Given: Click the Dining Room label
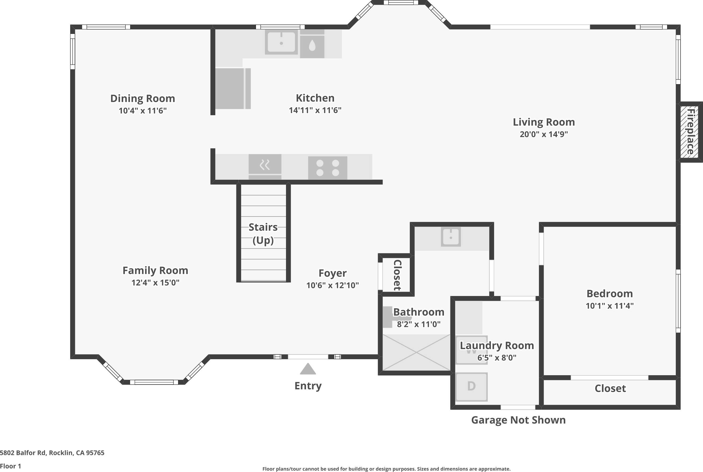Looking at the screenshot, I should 142,98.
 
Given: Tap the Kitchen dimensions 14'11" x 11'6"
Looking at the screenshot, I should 315,110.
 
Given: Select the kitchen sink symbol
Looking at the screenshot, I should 281,42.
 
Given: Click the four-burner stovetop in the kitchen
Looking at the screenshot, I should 328,168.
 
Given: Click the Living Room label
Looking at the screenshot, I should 544,122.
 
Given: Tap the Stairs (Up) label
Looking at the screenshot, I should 263,233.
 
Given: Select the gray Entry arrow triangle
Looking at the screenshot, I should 308,369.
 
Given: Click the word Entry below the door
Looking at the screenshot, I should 308,386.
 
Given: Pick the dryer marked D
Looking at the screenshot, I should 471,386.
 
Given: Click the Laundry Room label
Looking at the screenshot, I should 497,345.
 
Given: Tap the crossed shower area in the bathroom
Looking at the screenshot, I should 416,353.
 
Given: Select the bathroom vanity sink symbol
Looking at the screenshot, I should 451,237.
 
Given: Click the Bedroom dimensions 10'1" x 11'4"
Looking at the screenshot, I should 609,306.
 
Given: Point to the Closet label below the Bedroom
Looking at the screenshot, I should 610,388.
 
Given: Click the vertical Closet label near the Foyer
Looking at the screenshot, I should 397,275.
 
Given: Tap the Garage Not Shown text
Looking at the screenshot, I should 518,420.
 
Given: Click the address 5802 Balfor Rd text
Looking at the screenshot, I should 52,453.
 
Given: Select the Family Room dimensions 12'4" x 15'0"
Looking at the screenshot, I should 155,282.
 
